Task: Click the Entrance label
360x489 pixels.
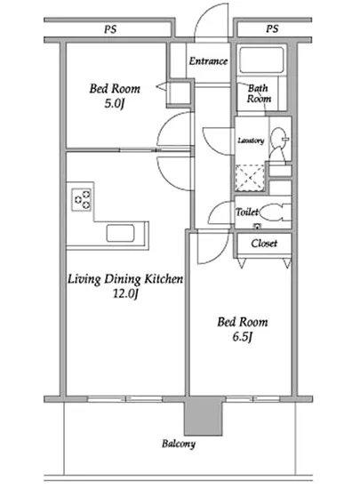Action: [208, 60]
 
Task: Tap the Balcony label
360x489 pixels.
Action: [179, 444]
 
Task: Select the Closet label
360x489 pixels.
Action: [264, 243]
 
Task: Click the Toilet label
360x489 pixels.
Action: [247, 212]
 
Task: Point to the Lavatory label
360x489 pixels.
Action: [251, 140]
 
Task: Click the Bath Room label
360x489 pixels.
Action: [259, 93]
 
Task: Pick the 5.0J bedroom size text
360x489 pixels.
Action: [115, 103]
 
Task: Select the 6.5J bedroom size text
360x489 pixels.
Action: [242, 337]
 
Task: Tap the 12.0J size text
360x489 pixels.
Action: [125, 293]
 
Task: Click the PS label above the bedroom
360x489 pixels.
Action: [110, 29]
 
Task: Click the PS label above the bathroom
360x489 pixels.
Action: [272, 29]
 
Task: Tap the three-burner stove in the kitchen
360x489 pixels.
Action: [82, 199]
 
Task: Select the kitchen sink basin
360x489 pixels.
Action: [120, 233]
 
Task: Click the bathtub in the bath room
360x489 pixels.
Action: [261, 60]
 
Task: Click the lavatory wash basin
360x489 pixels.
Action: [278, 137]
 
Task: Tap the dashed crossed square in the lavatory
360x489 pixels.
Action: [250, 177]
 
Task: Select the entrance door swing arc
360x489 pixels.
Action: [212, 20]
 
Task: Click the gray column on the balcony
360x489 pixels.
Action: [204, 416]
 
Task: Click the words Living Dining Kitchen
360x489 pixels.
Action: [125, 279]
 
